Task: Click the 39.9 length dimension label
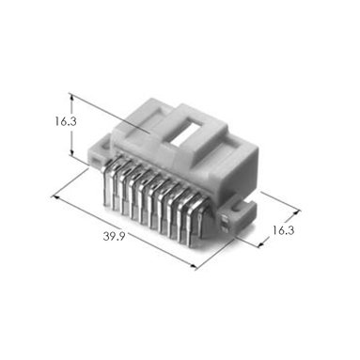pyautogui.click(x=114, y=236)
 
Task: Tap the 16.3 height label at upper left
pyautogui.click(x=66, y=121)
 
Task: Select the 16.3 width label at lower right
pyautogui.click(x=283, y=230)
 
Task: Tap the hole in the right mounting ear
pyautogui.click(x=236, y=209)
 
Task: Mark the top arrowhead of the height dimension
pyautogui.click(x=72, y=98)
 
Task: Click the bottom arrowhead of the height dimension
pyautogui.click(x=72, y=153)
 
